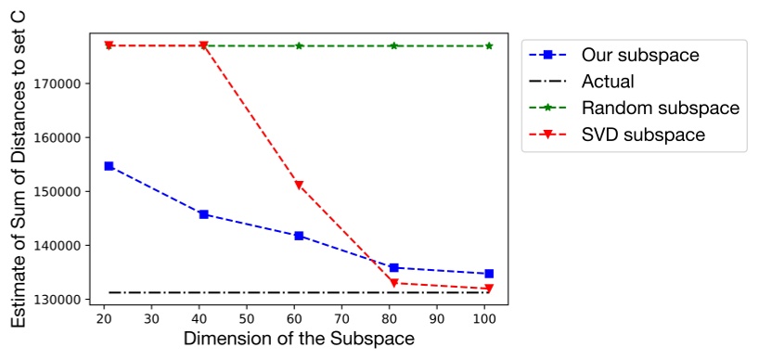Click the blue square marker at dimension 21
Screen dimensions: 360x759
click(x=109, y=166)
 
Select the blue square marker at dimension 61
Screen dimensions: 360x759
click(x=299, y=236)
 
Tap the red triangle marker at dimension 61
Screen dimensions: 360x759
click(x=299, y=186)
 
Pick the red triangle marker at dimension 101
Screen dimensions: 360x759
click(x=489, y=289)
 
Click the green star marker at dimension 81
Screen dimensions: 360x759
click(x=394, y=45)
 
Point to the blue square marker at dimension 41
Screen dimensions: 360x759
click(x=204, y=214)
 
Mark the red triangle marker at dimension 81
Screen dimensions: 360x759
click(x=394, y=283)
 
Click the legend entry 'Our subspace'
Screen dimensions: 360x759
click(x=639, y=55)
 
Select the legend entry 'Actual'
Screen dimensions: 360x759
click(x=608, y=82)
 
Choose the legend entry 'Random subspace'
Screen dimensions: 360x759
click(x=660, y=109)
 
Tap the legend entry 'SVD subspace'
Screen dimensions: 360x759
click(x=643, y=135)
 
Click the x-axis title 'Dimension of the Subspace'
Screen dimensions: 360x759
click(x=298, y=340)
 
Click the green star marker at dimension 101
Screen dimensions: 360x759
click(x=489, y=45)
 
